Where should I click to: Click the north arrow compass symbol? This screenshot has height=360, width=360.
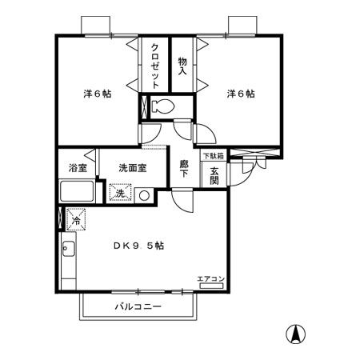coord(296,337)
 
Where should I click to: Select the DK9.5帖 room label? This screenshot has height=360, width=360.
coord(138,246)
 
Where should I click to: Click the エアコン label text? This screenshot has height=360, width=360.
coord(211,278)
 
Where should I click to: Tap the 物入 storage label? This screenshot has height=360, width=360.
coord(182,66)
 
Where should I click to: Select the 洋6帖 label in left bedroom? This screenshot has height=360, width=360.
coord(97,94)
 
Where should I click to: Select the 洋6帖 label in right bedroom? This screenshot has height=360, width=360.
coord(240,94)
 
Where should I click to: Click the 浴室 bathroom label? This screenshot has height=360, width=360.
coord(77,169)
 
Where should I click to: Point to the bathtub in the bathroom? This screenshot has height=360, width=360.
coord(78,193)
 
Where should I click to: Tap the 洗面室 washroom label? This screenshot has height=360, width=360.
coord(132,169)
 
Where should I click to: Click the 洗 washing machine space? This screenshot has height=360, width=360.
coord(119,194)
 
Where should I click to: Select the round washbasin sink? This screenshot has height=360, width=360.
coord(144,194)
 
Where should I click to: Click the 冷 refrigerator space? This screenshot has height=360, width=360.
coord(75,219)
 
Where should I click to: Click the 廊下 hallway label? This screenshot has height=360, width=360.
coord(183,168)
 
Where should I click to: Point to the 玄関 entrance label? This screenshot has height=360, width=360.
coord(214,174)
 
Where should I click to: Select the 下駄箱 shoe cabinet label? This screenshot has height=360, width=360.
coord(213,156)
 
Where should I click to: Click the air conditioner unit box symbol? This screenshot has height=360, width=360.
coord(212,286)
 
